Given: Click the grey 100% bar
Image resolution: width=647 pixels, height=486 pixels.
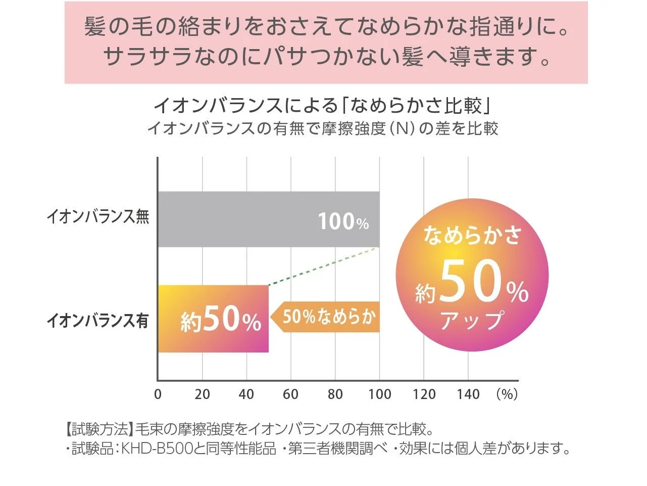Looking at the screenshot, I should (x=268, y=219).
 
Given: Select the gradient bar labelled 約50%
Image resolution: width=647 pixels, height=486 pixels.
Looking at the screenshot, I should (x=213, y=319).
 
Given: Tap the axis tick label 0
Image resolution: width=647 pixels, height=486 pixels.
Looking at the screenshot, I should (x=158, y=394).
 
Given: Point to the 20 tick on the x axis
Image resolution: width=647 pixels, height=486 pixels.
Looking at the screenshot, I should (x=202, y=394).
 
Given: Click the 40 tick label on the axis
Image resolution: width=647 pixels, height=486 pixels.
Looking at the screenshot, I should (x=246, y=394).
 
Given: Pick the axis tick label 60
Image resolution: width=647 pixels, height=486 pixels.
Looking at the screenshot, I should (x=291, y=394).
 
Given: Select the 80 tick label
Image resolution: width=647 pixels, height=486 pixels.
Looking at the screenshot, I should (x=335, y=394).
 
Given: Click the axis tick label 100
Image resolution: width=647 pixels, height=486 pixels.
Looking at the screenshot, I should (x=379, y=394).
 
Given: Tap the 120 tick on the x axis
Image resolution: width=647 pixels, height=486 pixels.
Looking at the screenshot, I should (x=424, y=394).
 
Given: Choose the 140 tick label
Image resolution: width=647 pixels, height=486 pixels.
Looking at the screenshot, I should (x=468, y=394).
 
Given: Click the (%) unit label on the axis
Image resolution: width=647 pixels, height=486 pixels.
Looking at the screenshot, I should (x=507, y=394).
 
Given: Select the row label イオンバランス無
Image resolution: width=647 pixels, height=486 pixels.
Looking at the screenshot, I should (x=98, y=217).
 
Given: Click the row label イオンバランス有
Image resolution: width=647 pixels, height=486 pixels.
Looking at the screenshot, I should (x=98, y=321).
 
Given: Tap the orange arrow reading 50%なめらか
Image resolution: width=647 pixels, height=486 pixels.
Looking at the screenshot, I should (x=326, y=317).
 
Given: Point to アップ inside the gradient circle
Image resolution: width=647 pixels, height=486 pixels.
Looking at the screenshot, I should (x=472, y=321).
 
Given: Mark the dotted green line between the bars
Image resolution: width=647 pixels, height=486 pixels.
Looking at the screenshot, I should (x=323, y=267).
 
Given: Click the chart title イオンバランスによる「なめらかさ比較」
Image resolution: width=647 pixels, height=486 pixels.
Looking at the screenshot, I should (x=323, y=106).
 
